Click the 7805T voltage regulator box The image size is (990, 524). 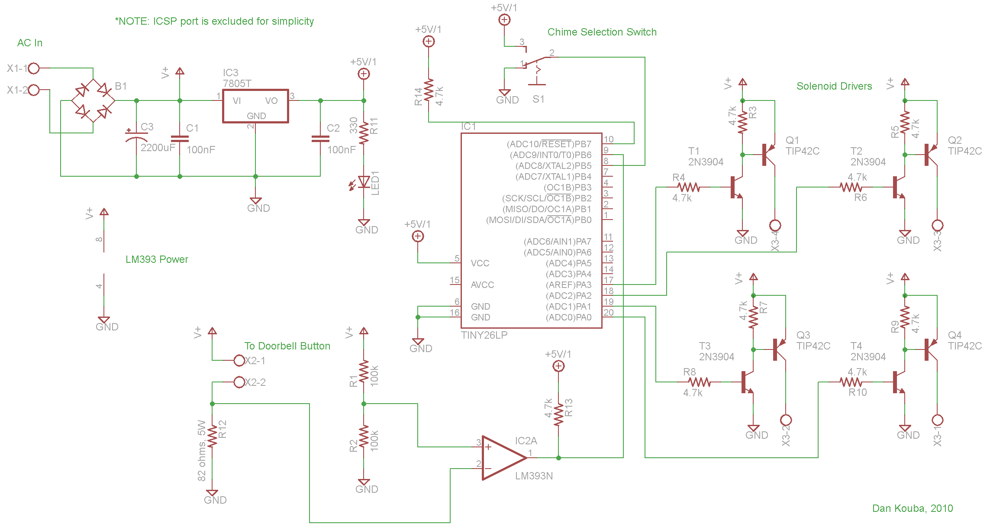[255, 106]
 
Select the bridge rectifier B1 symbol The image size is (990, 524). [93, 101]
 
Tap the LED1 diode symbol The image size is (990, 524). [364, 182]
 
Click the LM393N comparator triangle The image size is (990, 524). [502, 458]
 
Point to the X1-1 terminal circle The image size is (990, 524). [34, 68]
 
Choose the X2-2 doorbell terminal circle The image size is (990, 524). [239, 382]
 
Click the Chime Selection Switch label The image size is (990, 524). [602, 32]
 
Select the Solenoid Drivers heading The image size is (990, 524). [834, 86]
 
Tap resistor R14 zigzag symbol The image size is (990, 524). [429, 90]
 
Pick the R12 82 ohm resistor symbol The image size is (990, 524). [212, 437]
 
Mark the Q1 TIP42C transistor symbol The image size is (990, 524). [768, 155]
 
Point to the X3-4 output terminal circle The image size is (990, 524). [775, 225]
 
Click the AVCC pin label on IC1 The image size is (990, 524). [482, 285]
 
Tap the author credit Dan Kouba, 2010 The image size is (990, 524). [912, 508]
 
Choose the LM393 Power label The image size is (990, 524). [157, 259]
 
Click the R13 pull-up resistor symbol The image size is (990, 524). [558, 414]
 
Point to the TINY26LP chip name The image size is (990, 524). [484, 335]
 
